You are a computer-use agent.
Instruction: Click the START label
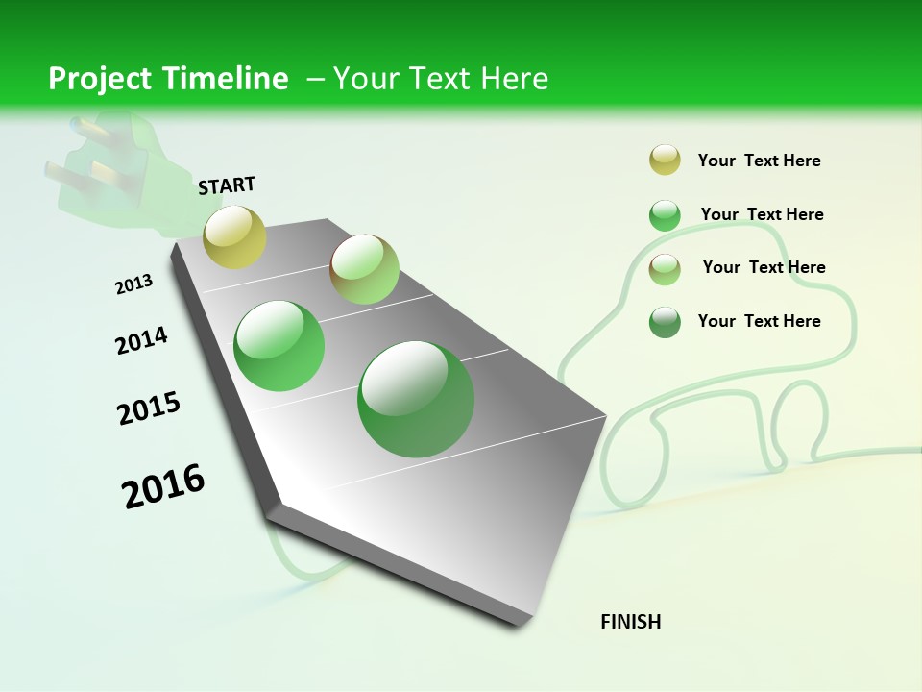pos(227,185)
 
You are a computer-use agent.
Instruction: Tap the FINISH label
pos(631,622)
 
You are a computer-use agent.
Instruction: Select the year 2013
pos(133,284)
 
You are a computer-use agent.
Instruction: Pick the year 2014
pos(141,340)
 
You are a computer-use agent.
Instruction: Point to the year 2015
pos(149,408)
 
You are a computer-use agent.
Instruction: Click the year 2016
pos(163,486)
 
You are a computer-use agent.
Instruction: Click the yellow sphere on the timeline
pos(234,236)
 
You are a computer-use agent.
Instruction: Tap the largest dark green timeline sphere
pos(416,399)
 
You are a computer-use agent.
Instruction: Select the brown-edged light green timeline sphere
pos(364,269)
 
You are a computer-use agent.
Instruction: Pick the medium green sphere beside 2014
pos(279,345)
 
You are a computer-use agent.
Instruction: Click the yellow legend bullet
pos(665,161)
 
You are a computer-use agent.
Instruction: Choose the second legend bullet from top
pos(665,215)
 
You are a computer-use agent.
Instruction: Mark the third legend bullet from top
pos(665,268)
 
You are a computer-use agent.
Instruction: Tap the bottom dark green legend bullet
pos(665,322)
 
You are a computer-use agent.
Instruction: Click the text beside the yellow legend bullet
pos(759,161)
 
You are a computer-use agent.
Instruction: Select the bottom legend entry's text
pos(759,321)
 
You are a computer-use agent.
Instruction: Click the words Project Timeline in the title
pos(168,79)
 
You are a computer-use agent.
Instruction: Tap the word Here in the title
pos(514,79)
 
